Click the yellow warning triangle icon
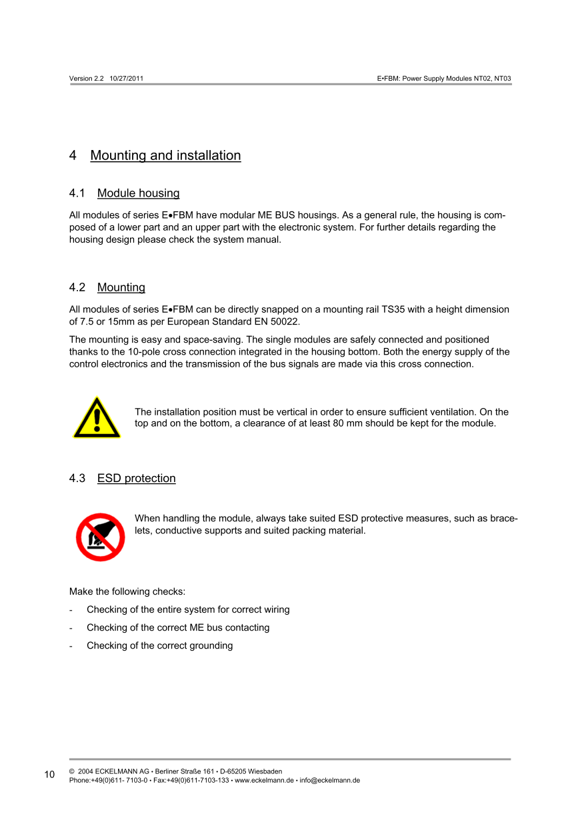[97, 418]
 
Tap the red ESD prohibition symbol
[100, 537]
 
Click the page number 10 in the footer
[50, 774]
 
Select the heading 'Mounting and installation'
[165, 155]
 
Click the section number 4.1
[77, 193]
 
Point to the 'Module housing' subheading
[138, 193]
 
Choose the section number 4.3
[77, 478]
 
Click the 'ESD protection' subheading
[136, 478]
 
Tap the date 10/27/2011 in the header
[127, 79]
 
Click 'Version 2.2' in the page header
[87, 79]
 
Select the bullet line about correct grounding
[160, 645]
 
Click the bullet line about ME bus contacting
[178, 627]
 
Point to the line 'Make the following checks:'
[127, 591]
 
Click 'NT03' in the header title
[503, 79]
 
